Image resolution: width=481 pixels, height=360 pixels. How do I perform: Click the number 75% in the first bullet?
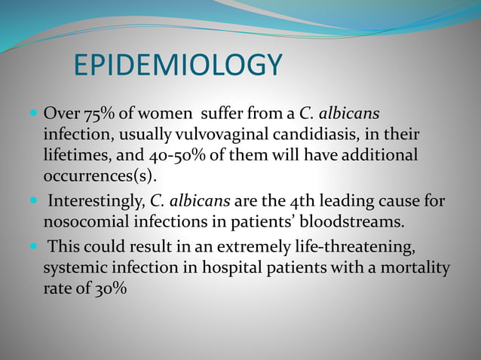pyautogui.click(x=98, y=114)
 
